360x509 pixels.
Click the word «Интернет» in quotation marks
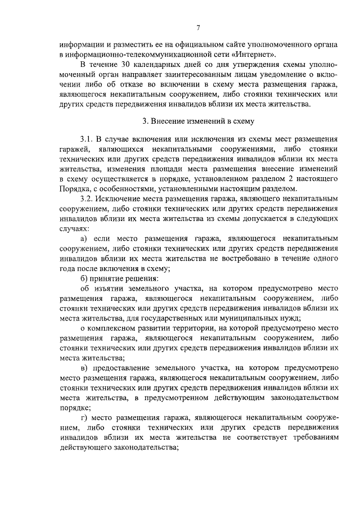(x=254, y=55)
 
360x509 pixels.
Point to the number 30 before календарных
(x=128, y=65)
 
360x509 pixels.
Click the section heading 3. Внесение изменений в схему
(x=199, y=120)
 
